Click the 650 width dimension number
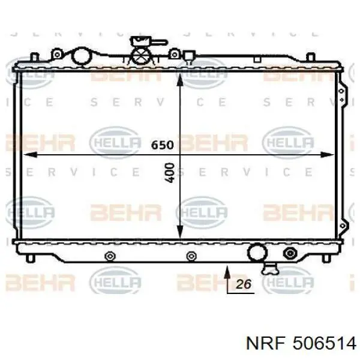pyautogui.click(x=162, y=145)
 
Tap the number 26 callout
pyautogui.click(x=244, y=285)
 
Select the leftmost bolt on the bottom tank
pyautogui.click(x=109, y=257)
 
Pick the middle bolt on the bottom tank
pyautogui.click(x=191, y=257)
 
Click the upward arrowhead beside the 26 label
pyautogui.click(x=227, y=274)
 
